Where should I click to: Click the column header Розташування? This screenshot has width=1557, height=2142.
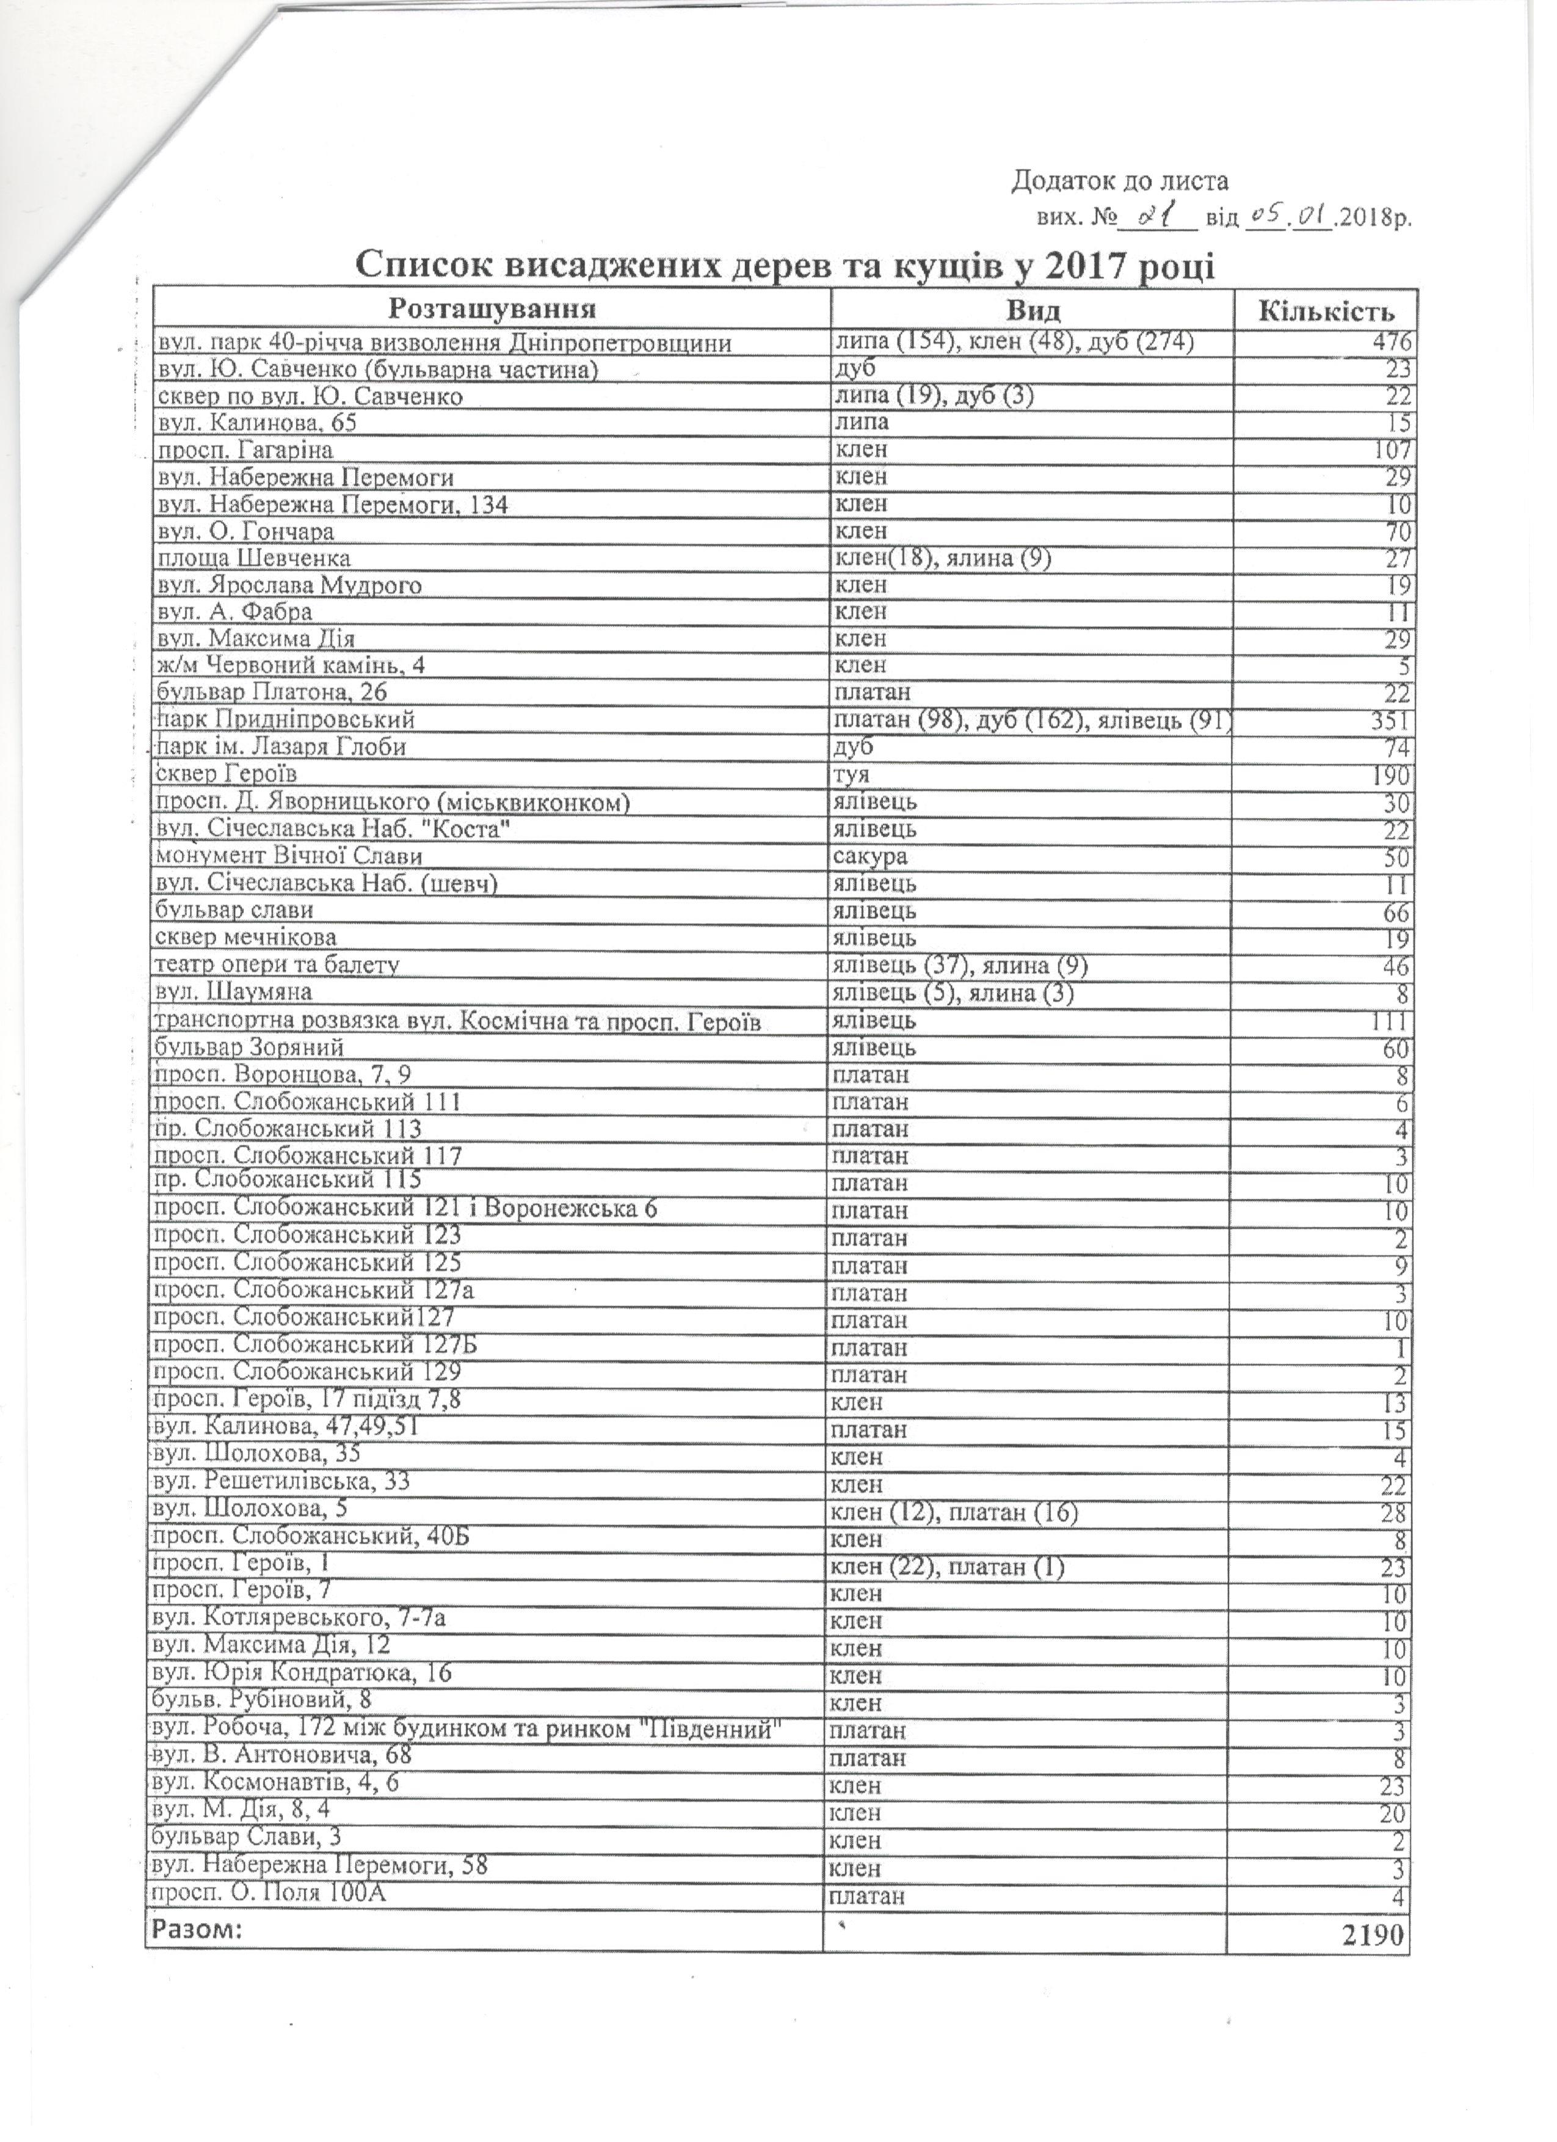pyautogui.click(x=492, y=310)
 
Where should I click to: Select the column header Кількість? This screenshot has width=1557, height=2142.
pyautogui.click(x=1327, y=311)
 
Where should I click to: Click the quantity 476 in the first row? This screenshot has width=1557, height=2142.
pyautogui.click(x=1391, y=342)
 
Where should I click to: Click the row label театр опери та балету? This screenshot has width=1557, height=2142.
pyautogui.click(x=277, y=965)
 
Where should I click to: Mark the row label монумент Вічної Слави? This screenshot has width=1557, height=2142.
pyautogui.click(x=288, y=856)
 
